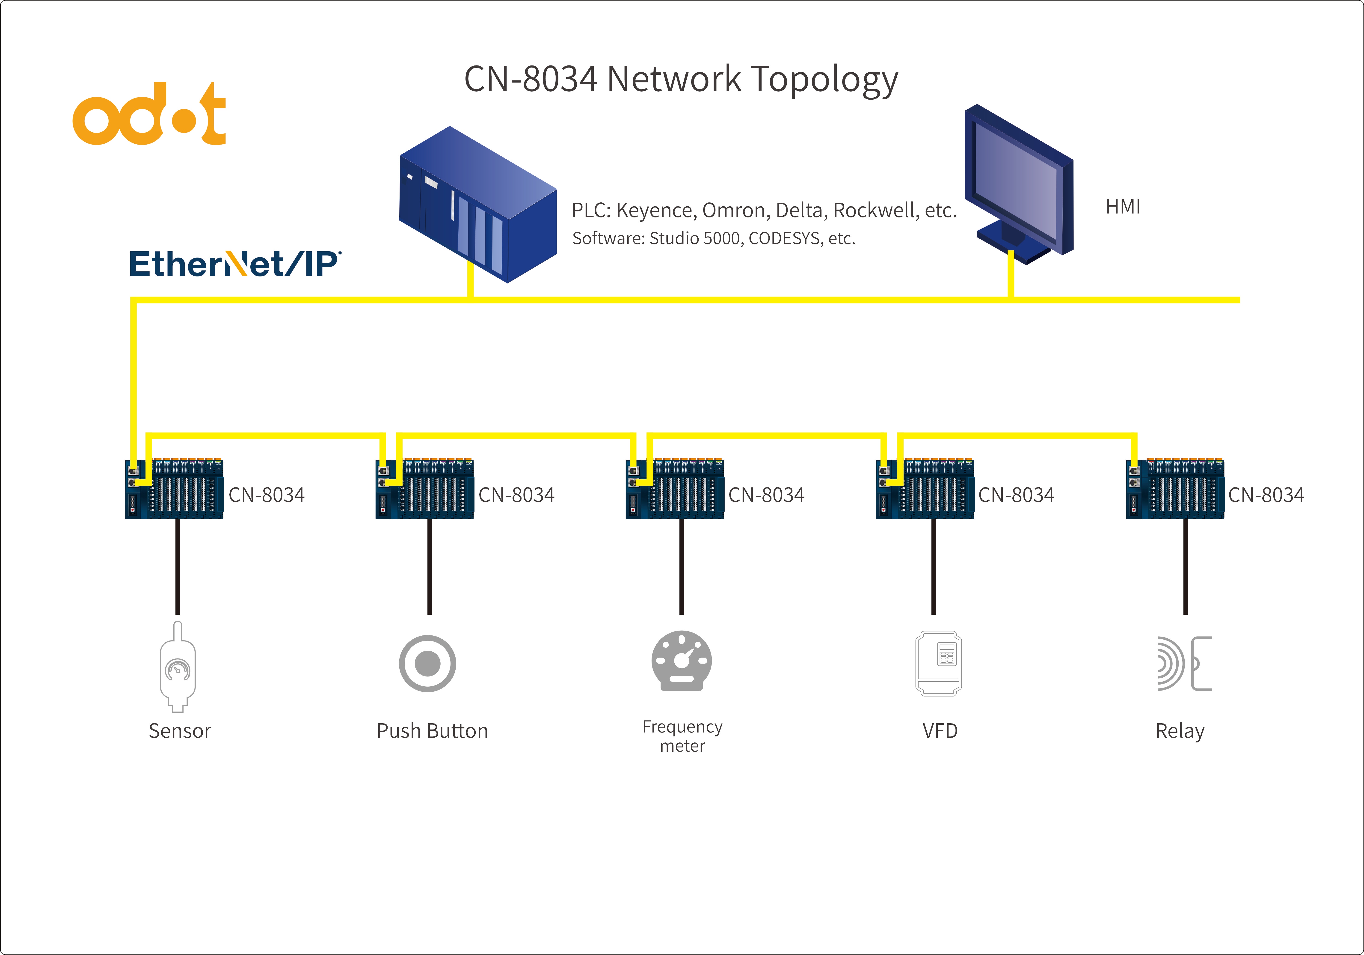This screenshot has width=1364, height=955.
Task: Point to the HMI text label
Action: [x=1123, y=207]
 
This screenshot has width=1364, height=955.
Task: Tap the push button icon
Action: [x=427, y=663]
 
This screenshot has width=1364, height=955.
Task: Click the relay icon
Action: [x=1184, y=663]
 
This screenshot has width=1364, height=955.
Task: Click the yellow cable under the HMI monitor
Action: [x=1011, y=274]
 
